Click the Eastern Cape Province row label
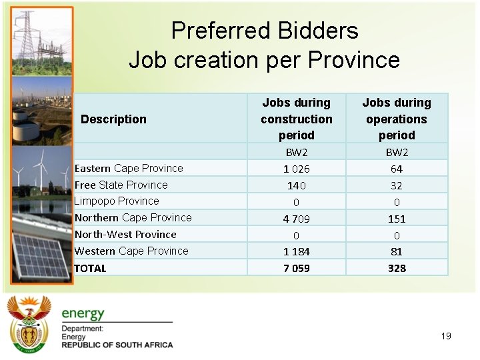129,168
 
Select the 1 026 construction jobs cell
296,169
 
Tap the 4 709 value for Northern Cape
296,218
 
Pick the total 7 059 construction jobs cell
296,268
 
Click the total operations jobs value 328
397,268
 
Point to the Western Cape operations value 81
397,251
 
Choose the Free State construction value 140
296,185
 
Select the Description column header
113,119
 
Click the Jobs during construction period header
296,119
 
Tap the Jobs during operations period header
397,119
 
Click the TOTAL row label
91,268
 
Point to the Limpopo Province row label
117,201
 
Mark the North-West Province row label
125,234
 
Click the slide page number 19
446,336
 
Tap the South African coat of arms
29,324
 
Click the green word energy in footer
83,313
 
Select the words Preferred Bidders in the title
265,31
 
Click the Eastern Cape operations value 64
397,169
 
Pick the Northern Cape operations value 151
397,218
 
